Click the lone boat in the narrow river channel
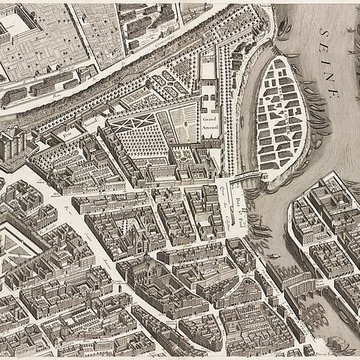pos(238,140)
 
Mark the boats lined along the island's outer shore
pos(330,150)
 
